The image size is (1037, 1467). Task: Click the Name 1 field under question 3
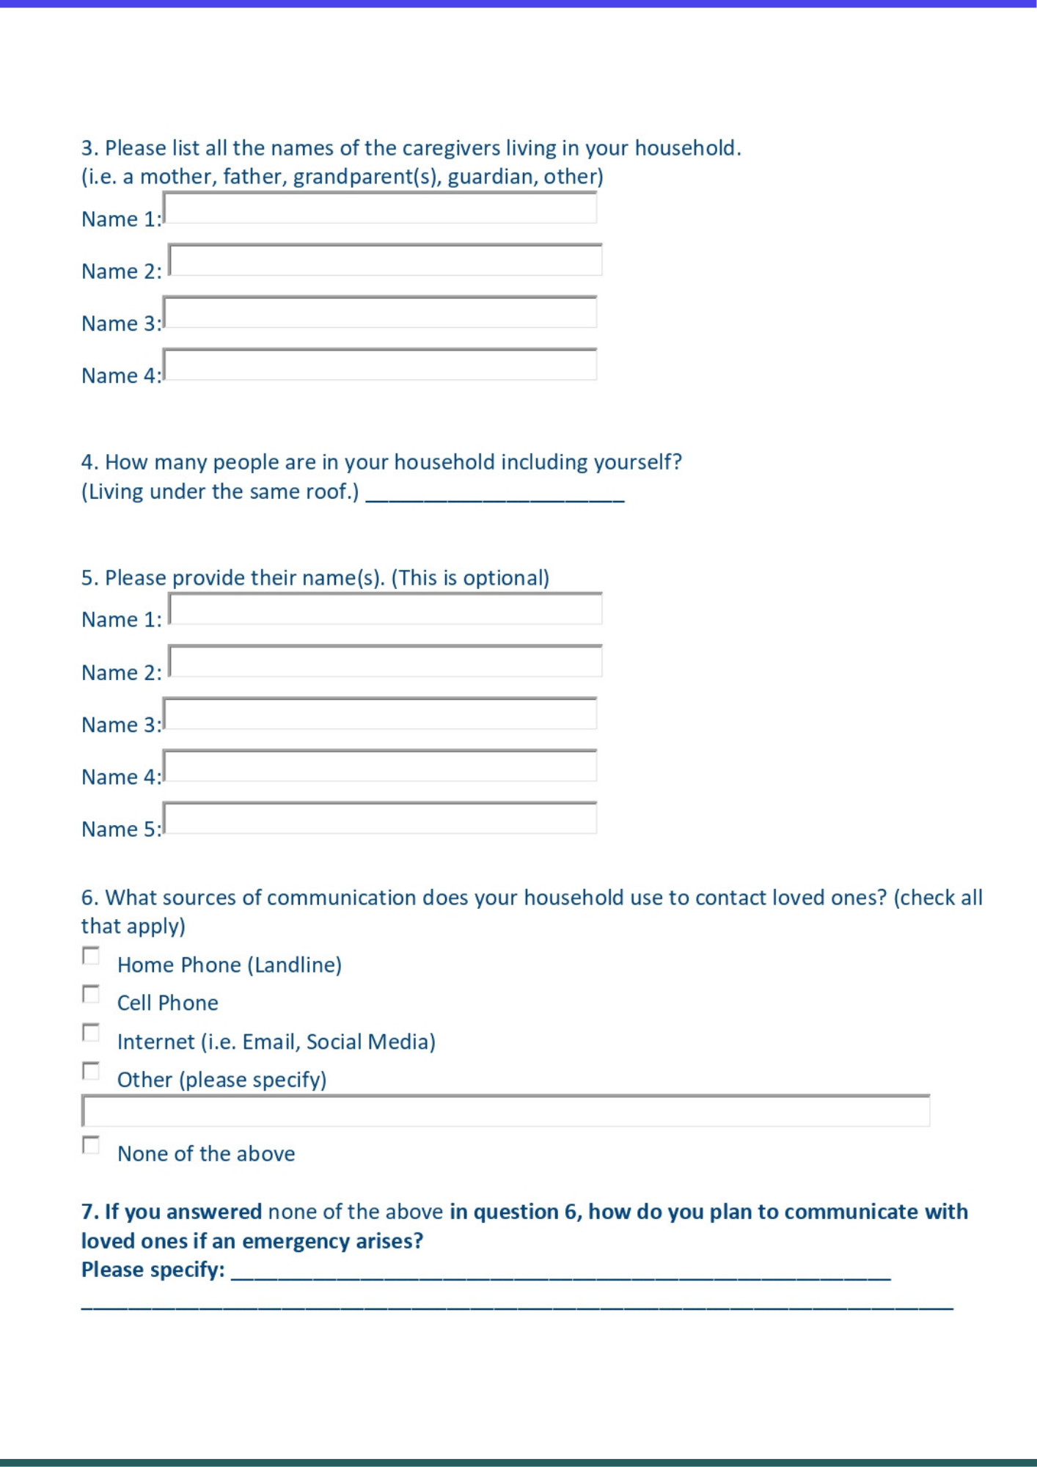pyautogui.click(x=380, y=208)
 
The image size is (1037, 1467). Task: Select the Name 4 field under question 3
pyautogui.click(x=380, y=365)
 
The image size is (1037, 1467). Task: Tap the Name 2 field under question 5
pyautogui.click(x=385, y=662)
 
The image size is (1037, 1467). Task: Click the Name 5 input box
pyautogui.click(x=380, y=819)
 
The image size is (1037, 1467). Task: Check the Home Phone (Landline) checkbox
pyautogui.click(x=91, y=956)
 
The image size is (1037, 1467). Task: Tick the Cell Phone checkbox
pyautogui.click(x=91, y=995)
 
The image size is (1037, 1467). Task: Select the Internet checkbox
pyautogui.click(x=91, y=1034)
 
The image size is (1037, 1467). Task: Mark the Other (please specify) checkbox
pyautogui.click(x=91, y=1072)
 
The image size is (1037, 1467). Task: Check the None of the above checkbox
pyautogui.click(x=91, y=1146)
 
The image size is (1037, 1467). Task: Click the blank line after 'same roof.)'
pyautogui.click(x=495, y=496)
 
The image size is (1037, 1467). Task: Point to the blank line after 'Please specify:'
pyautogui.click(x=561, y=1275)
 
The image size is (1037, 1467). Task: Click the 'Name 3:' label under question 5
pyautogui.click(x=121, y=725)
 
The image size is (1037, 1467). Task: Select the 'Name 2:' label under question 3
pyautogui.click(x=121, y=271)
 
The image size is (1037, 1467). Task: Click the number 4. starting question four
pyautogui.click(x=89, y=462)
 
